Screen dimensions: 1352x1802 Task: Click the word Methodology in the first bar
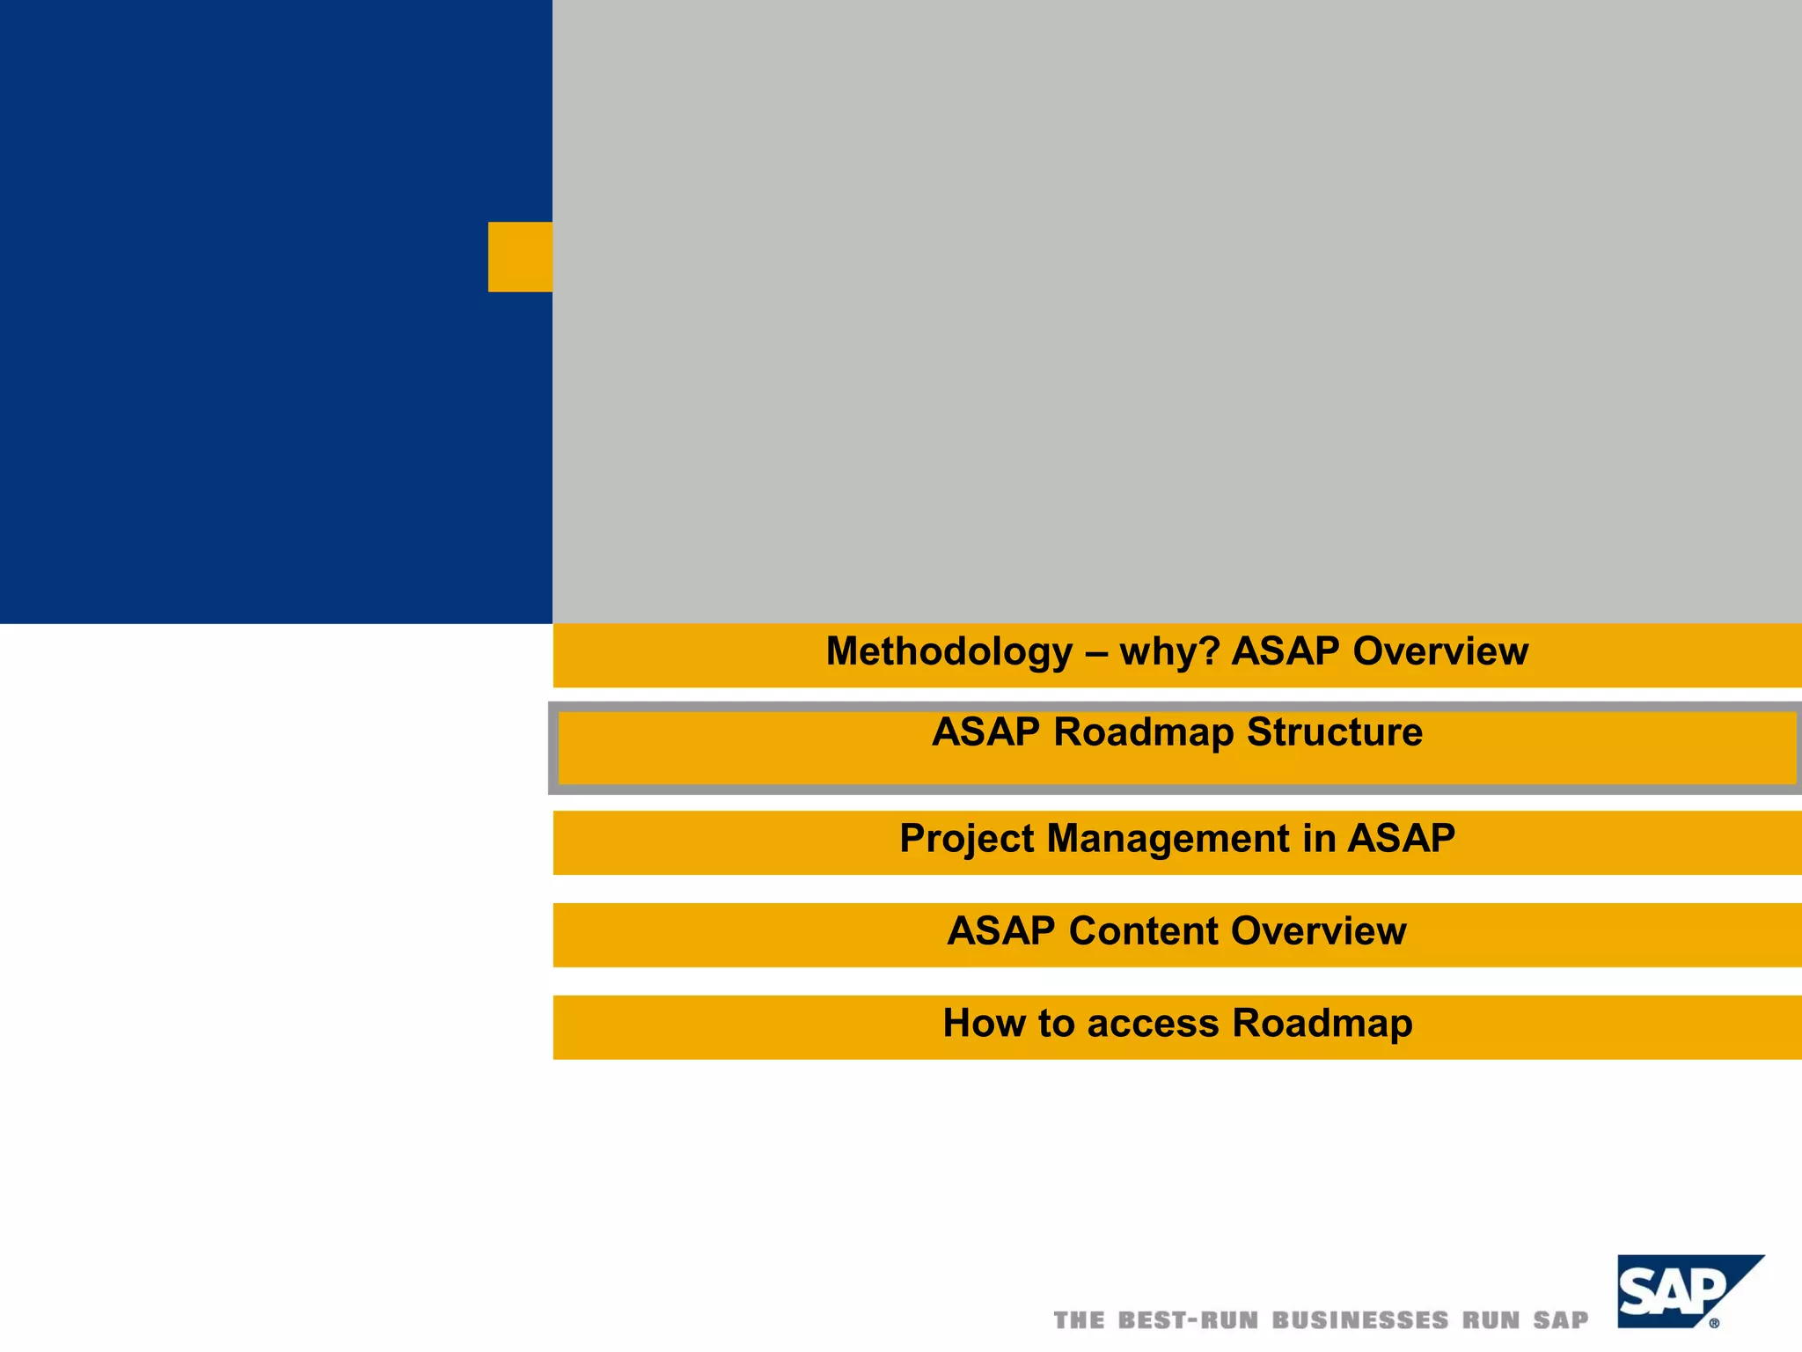pos(949,652)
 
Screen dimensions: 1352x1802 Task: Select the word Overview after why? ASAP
pos(1440,652)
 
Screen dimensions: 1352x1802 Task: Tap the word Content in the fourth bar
pos(1144,931)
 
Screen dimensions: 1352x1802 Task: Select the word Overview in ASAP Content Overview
pos(1319,931)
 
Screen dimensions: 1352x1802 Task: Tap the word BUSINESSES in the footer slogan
pos(1360,1320)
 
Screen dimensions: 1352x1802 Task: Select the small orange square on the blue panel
pos(520,257)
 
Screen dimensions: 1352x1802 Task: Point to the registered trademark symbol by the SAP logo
pos(1714,1322)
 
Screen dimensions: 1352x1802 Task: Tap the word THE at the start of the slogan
pos(1079,1320)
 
